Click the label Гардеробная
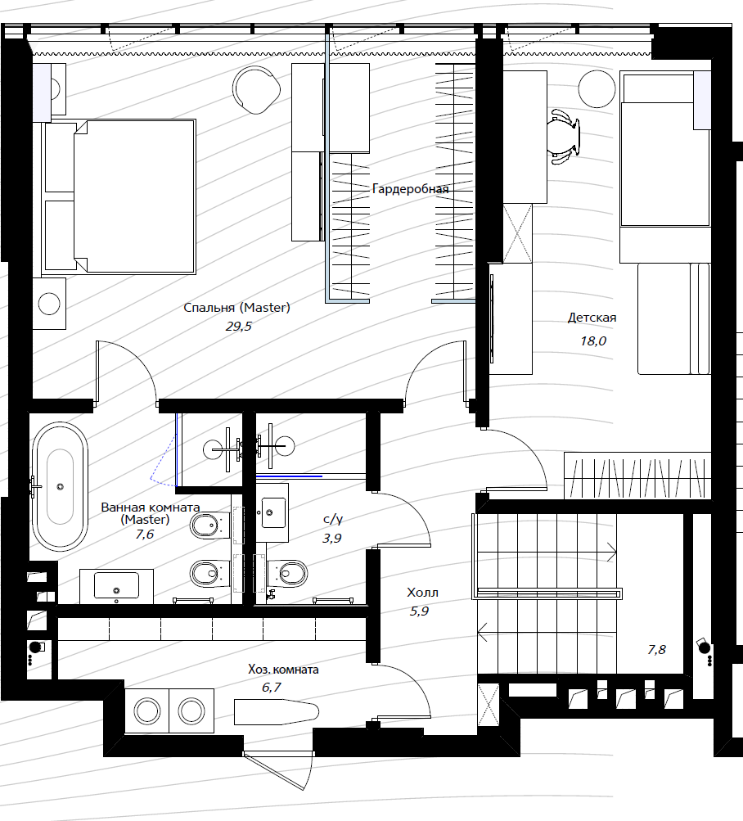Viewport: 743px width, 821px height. pyautogui.click(x=411, y=189)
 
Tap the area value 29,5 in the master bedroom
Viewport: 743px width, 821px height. pyautogui.click(x=239, y=327)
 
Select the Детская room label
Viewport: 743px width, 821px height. pyautogui.click(x=592, y=318)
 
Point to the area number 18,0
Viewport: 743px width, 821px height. pyautogui.click(x=592, y=341)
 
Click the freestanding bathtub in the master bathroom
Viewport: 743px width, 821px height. pyautogui.click(x=60, y=486)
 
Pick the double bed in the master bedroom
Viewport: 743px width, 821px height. pyautogui.click(x=119, y=197)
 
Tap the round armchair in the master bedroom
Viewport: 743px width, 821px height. pyautogui.click(x=256, y=90)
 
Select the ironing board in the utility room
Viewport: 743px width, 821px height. pyautogui.click(x=277, y=711)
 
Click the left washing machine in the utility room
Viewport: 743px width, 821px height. pyautogui.click(x=147, y=711)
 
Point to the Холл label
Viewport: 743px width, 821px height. pyautogui.click(x=422, y=593)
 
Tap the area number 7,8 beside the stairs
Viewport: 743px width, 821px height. pyautogui.click(x=656, y=650)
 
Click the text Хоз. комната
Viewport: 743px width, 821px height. pyautogui.click(x=283, y=669)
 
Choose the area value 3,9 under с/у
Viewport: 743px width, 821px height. pyautogui.click(x=332, y=538)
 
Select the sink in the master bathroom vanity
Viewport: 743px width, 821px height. pyautogui.click(x=116, y=585)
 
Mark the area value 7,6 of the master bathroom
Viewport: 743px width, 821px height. pyautogui.click(x=145, y=534)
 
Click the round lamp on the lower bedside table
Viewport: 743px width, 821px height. pyautogui.click(x=49, y=304)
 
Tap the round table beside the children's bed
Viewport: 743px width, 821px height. pyautogui.click(x=597, y=89)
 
